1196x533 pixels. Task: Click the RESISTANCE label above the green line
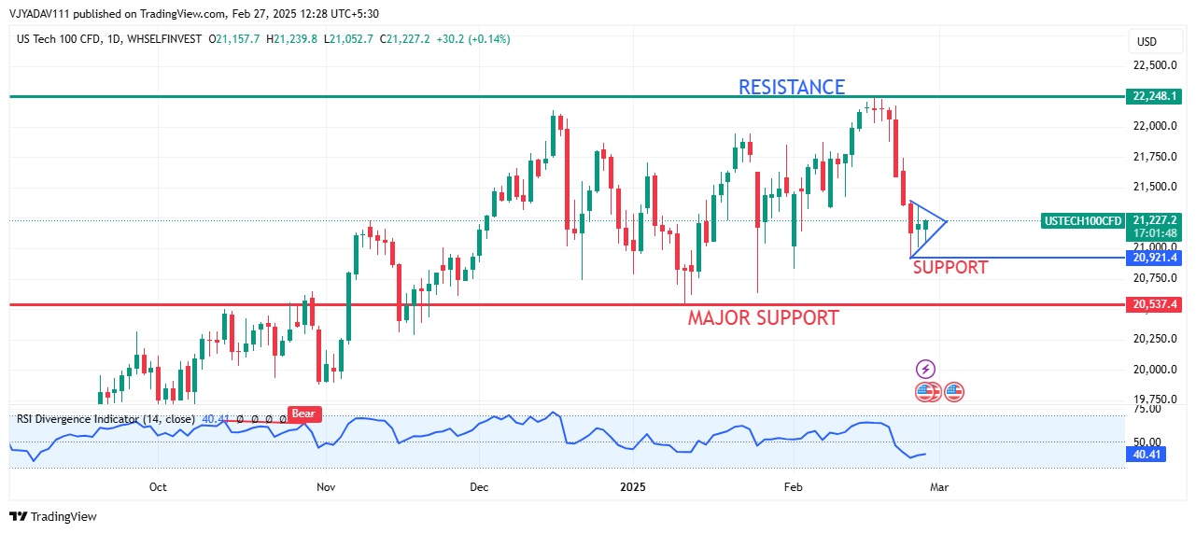[x=792, y=87]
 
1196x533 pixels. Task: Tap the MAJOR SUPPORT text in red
[x=763, y=317]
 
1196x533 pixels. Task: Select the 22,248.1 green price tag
[x=1155, y=96]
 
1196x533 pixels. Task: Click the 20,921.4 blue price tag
[x=1155, y=258]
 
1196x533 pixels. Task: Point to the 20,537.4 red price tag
[x=1155, y=304]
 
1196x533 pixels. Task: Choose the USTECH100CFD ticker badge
[x=1083, y=221]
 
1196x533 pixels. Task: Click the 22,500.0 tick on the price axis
[x=1154, y=65]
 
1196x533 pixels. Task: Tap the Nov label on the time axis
[x=326, y=487]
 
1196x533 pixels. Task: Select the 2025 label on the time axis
[x=633, y=487]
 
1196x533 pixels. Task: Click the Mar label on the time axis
[x=939, y=487]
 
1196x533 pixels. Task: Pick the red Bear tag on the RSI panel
[x=302, y=414]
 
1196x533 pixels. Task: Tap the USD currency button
[x=1146, y=41]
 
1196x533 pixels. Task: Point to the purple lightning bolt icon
[x=925, y=370]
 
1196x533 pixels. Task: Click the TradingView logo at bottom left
[x=54, y=516]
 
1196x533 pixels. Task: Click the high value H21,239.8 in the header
[x=292, y=39]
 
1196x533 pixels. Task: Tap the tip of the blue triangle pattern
[x=947, y=221]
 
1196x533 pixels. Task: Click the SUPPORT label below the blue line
[x=950, y=268]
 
